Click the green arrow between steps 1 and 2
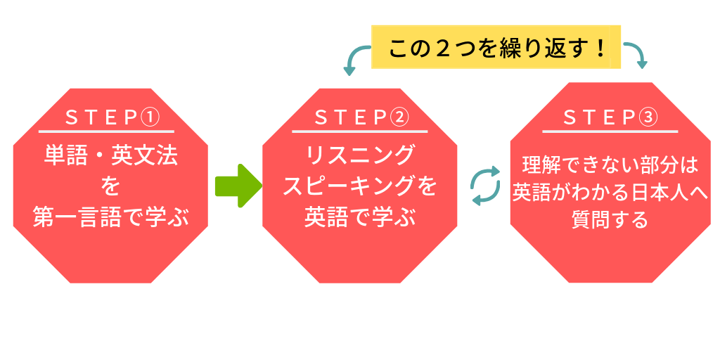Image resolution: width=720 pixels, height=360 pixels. click(x=239, y=186)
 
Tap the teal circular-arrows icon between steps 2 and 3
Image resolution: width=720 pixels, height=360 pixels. click(x=485, y=186)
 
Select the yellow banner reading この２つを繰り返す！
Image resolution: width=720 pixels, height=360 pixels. click(x=496, y=47)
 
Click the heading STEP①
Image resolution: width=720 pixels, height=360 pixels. click(x=112, y=118)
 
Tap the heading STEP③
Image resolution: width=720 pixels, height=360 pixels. click(x=610, y=118)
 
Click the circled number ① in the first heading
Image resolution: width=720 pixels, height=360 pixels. click(x=150, y=118)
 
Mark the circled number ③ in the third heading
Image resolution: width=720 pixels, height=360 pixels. click(x=648, y=118)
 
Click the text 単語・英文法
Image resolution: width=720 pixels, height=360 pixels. click(x=110, y=155)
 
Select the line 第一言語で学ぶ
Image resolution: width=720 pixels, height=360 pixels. click(x=110, y=218)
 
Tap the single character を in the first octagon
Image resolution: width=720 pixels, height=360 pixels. click(x=110, y=186)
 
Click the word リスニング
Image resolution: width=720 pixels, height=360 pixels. click(x=359, y=155)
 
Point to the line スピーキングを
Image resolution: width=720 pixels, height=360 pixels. click(x=359, y=186)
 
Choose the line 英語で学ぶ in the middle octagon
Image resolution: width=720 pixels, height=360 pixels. click(x=359, y=218)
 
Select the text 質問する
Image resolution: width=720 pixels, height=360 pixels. click(x=610, y=220)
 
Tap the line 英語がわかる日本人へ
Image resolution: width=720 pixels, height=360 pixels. click(x=610, y=193)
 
